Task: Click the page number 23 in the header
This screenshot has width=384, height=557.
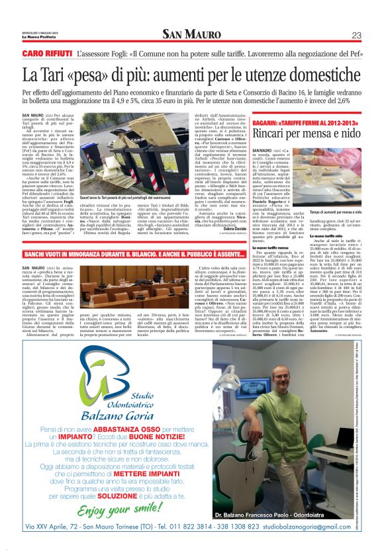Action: [356, 35]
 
